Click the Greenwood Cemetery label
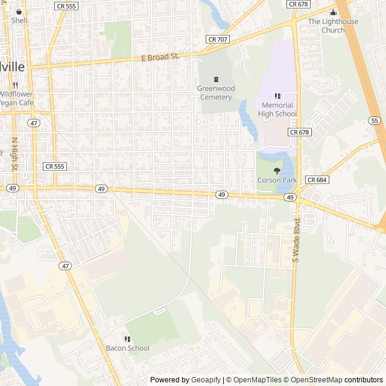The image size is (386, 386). (215, 93)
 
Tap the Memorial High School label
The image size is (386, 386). (277, 109)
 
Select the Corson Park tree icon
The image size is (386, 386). (277, 171)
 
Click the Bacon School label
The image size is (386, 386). (127, 348)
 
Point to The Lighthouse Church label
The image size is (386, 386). (333, 26)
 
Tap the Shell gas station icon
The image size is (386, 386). (19, 11)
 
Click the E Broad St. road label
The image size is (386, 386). (160, 57)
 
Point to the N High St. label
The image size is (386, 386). (14, 153)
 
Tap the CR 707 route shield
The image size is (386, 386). (217, 39)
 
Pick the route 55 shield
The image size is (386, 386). (375, 121)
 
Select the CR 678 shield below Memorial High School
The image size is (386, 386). (299, 131)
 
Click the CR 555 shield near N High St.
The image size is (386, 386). (55, 166)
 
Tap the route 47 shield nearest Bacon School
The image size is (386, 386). (65, 265)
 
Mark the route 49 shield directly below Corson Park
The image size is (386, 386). (290, 197)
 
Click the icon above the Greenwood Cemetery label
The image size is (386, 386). (216, 79)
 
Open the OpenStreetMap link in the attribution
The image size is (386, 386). (313, 380)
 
